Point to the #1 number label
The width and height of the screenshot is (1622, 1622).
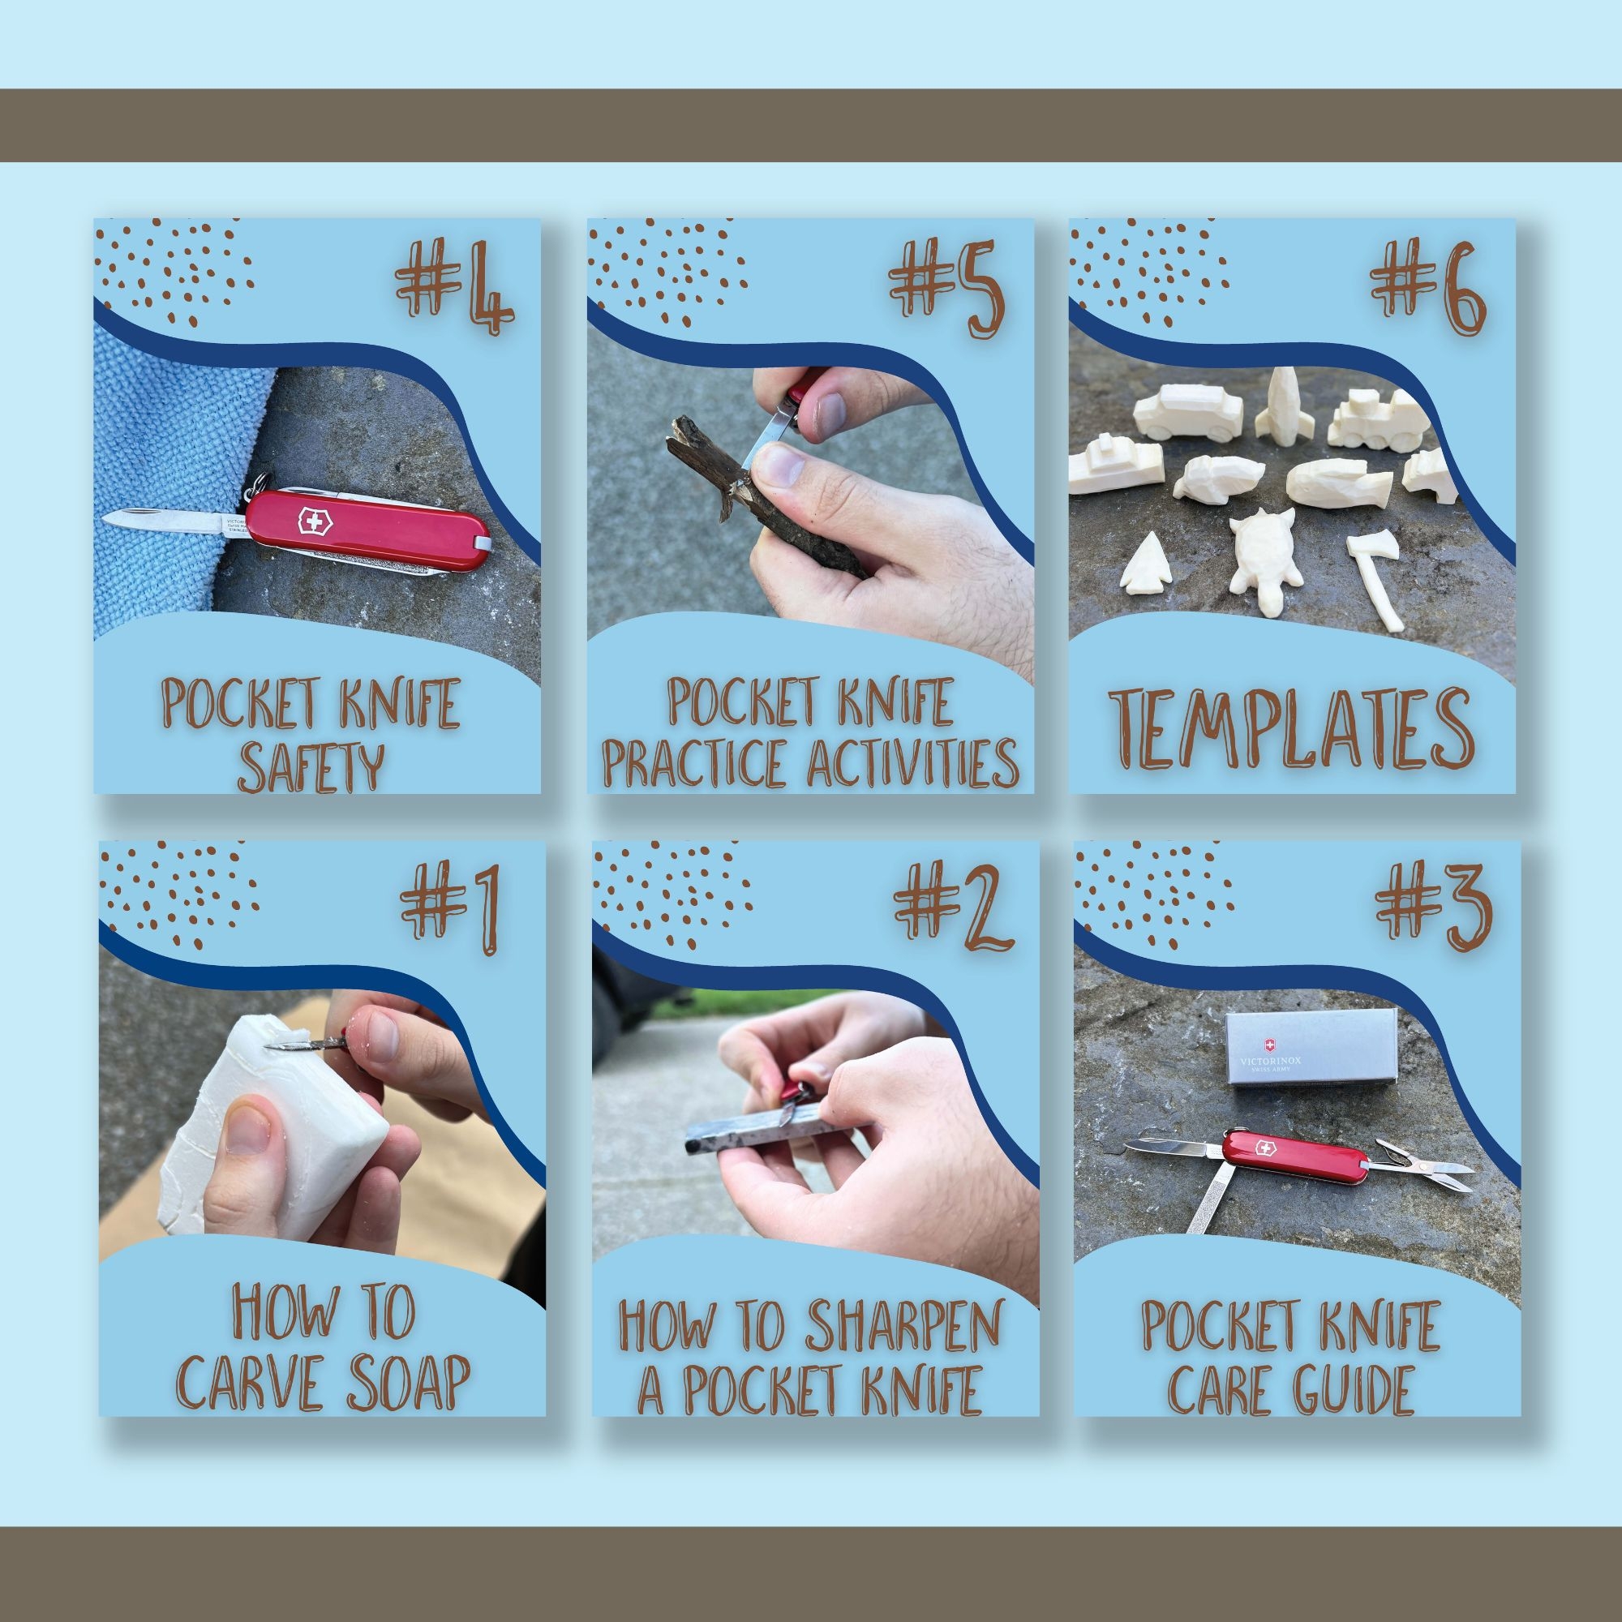[x=452, y=908]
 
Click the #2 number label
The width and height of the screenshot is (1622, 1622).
[x=954, y=908]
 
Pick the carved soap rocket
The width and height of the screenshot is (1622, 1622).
[x=1280, y=406]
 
